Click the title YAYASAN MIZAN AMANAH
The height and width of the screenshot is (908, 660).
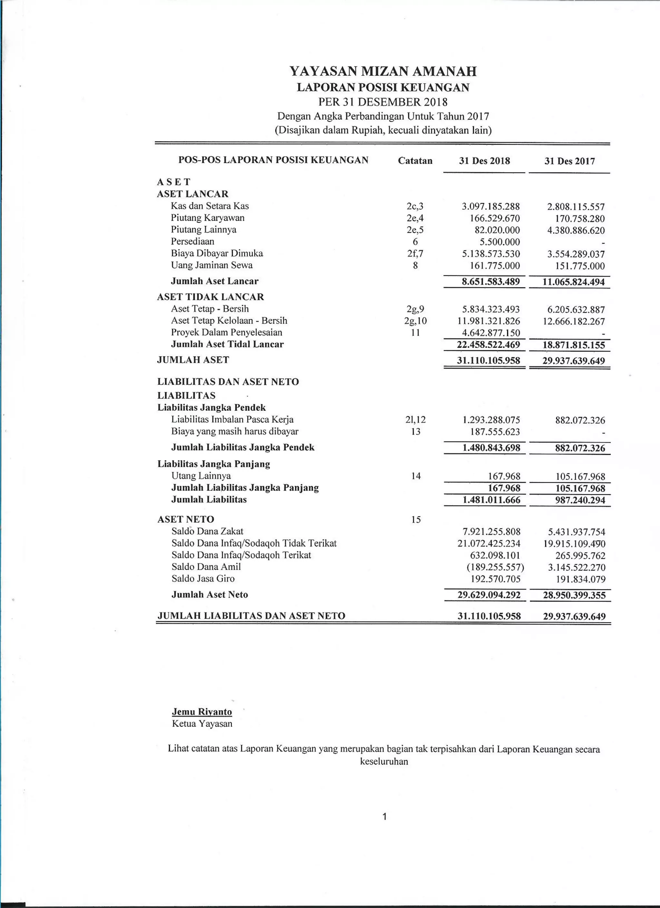383,72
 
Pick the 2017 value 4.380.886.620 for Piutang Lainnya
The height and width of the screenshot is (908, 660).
576,231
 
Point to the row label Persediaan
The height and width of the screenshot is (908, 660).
192,241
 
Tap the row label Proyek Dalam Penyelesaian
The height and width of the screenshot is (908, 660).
226,332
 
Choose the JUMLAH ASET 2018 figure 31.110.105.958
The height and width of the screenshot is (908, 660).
488,361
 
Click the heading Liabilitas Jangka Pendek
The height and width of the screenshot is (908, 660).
211,408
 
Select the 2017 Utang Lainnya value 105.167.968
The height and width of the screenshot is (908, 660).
580,477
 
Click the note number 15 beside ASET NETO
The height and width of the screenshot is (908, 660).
416,520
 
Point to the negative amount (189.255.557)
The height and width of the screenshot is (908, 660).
495,567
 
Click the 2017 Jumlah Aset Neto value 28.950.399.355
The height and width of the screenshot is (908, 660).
574,595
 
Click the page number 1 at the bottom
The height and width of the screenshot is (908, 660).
384,817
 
